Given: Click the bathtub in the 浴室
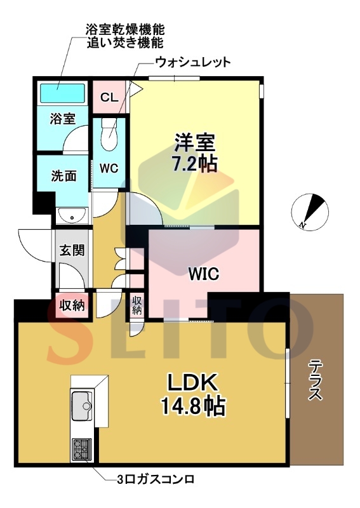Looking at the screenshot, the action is [62, 93].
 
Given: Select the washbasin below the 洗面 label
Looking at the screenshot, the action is [72, 216].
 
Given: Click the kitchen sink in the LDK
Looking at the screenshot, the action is [83, 406].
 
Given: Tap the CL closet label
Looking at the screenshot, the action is [109, 97].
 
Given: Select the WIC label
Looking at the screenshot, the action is [204, 274].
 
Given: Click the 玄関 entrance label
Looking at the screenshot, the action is [72, 250].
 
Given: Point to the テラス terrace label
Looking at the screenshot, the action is [315, 379].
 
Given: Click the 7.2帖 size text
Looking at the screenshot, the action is [194, 164].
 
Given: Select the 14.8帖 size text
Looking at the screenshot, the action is [193, 406].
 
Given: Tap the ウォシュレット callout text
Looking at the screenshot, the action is [193, 62].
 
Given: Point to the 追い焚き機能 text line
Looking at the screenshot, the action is [126, 43].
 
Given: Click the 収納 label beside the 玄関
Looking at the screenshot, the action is [72, 305].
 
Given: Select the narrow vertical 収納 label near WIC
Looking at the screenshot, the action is [137, 305].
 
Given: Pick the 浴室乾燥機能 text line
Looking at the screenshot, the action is [126, 29].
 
